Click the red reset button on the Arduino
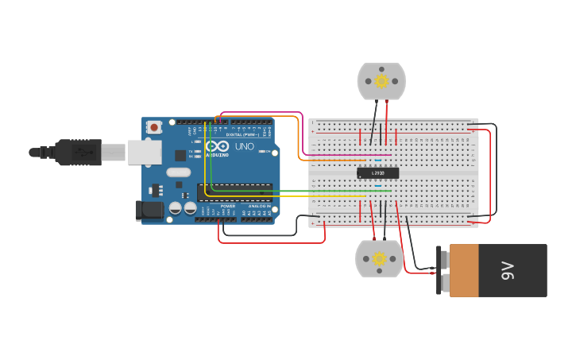153,127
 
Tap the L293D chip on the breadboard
377,172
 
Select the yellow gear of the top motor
381,81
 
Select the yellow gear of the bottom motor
379,258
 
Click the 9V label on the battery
508,271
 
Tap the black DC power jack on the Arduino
149,211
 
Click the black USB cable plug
79,152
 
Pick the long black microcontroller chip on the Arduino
235,192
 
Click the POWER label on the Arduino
228,206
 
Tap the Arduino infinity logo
217,147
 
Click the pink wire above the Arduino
262,113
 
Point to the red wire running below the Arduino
270,242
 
